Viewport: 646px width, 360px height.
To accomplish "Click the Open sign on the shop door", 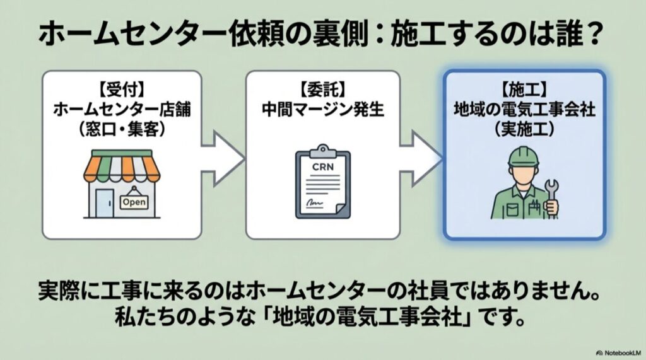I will point(133,202).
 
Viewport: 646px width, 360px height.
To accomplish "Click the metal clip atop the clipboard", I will point(322,150).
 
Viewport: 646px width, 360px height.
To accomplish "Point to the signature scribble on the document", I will point(315,203).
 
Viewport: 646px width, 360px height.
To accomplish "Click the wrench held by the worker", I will point(551,195).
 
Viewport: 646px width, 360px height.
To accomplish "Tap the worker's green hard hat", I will point(524,156).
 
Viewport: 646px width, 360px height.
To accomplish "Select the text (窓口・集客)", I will point(122,129).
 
